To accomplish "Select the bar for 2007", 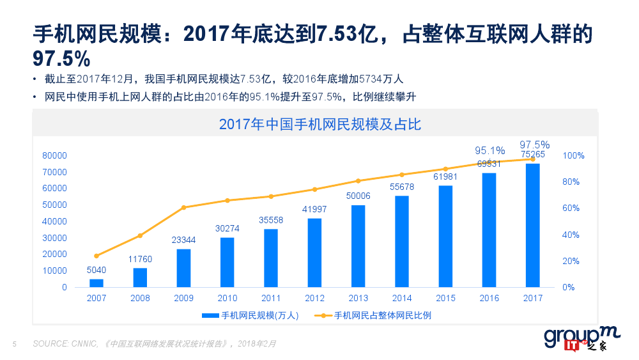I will pyautogui.click(x=96, y=283).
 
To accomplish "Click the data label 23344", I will pyautogui.click(x=183, y=240).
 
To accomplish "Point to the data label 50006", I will pyautogui.click(x=358, y=196).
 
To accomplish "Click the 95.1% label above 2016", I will pyautogui.click(x=489, y=150).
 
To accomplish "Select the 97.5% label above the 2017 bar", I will pyautogui.click(x=534, y=145).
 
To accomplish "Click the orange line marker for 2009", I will pyautogui.click(x=183, y=207).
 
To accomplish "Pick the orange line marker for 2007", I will pyautogui.click(x=96, y=256).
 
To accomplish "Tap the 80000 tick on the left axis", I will pyautogui.click(x=54, y=155).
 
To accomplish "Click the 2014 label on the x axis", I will pyautogui.click(x=402, y=298).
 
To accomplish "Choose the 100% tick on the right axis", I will pyautogui.click(x=573, y=155).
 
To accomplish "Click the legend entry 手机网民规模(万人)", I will pyautogui.click(x=259, y=315).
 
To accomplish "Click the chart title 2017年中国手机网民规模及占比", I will pyautogui.click(x=319, y=124).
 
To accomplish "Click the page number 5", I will pyautogui.click(x=15, y=344).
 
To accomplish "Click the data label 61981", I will pyautogui.click(x=445, y=177).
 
